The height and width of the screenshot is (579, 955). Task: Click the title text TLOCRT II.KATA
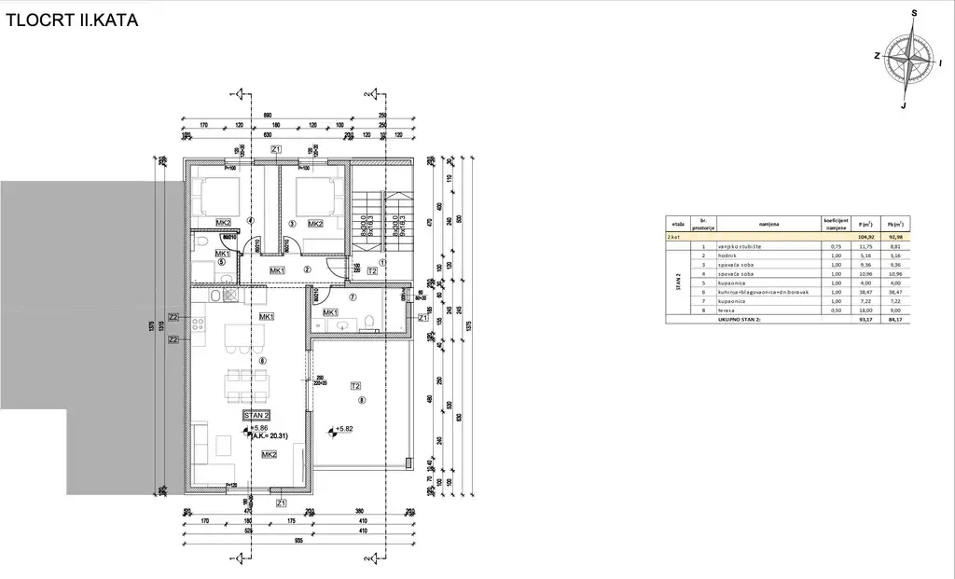(x=72, y=20)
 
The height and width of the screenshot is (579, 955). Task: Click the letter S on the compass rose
(x=915, y=14)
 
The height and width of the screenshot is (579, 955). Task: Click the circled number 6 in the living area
(x=264, y=361)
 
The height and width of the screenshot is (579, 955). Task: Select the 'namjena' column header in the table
(x=768, y=225)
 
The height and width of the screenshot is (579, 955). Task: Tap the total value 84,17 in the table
(x=895, y=319)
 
